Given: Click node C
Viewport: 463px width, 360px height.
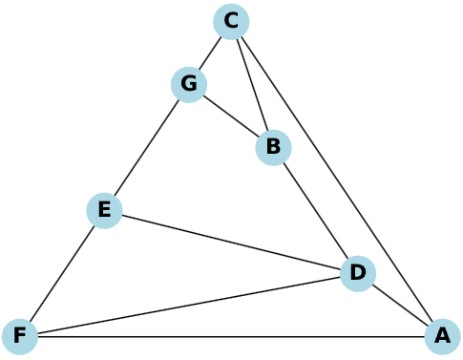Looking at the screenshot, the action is click(x=231, y=22).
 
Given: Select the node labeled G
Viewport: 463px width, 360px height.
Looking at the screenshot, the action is click(x=189, y=85).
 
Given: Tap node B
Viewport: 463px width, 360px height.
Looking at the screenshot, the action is click(x=273, y=148).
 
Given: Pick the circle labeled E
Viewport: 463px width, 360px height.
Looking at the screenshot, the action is click(x=104, y=210).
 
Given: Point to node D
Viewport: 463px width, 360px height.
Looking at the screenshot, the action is click(x=358, y=274).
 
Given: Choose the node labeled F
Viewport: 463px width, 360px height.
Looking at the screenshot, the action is click(x=20, y=336).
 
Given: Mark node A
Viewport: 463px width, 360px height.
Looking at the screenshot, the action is click(x=443, y=336).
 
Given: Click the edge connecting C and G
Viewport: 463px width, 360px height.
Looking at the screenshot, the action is click(x=210, y=53).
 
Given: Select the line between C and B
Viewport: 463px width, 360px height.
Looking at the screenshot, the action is click(x=252, y=85).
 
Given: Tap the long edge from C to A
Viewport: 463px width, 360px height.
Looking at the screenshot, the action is click(x=337, y=180).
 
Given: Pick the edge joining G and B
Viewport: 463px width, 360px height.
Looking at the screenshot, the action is click(x=231, y=116).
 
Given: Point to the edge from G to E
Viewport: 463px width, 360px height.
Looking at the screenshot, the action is click(x=147, y=148).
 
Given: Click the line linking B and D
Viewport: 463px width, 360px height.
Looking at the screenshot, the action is click(x=316, y=211).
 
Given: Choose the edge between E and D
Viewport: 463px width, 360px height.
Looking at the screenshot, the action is click(x=231, y=242).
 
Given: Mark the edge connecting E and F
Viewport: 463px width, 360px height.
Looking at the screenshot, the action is click(x=62, y=273).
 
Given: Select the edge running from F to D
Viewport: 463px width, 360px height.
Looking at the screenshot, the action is click(x=189, y=305).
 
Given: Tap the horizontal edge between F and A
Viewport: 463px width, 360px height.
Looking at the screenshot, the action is click(x=231, y=336).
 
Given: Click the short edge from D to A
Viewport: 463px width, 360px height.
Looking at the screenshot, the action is click(x=400, y=305).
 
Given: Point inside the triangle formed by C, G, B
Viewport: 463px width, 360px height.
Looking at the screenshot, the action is click(x=231, y=85).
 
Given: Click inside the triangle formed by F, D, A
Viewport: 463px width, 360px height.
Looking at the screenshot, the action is click(x=273, y=315).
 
